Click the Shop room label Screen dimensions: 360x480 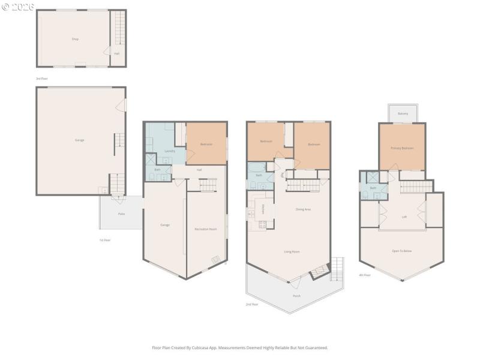coord(75,39)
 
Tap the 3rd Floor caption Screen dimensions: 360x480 coord(41,79)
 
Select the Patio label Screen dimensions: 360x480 coord(121,214)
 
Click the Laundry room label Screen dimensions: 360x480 coord(170,151)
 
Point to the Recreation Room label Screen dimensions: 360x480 coord(206,229)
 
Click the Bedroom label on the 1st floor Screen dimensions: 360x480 coord(206,145)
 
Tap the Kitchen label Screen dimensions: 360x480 coord(263,209)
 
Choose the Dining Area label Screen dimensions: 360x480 coord(303,209)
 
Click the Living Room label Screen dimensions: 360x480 coord(292,251)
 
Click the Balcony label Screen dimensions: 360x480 coord(403,113)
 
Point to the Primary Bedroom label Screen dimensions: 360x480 coord(402,148)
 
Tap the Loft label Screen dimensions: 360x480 coord(404,217)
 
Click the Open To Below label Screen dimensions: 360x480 coord(403,251)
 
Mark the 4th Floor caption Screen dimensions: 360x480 coord(365,275)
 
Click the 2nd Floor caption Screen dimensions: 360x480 coord(252,304)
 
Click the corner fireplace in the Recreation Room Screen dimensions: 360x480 coord(216,260)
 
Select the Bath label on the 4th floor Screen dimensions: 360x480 coord(373,188)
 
